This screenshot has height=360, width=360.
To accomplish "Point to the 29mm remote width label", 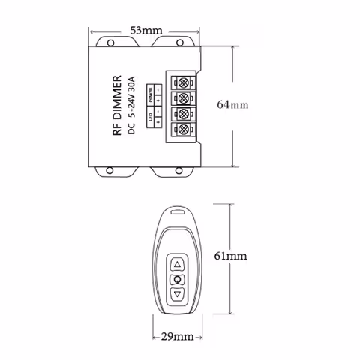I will coord(178,335).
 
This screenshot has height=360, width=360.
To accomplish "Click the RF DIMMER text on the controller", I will coord(116,106).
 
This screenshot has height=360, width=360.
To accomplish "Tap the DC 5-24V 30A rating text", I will coord(130,106).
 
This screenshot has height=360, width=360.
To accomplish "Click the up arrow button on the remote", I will coord(178,264).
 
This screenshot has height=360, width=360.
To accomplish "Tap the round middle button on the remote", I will coord(178,279).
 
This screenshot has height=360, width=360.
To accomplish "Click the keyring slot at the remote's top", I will coord(178,213).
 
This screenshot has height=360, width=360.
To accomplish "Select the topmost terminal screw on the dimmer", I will coord(181,82).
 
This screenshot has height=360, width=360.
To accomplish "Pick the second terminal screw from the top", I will coord(181,98).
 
